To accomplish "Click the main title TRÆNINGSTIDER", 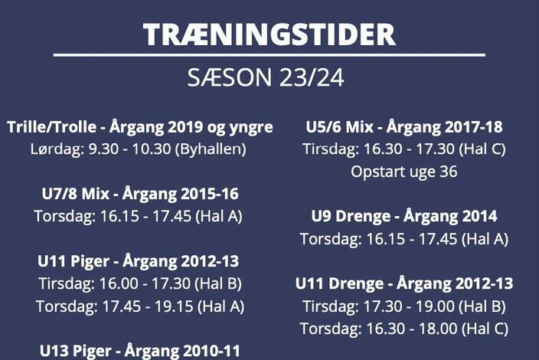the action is coord(269,34).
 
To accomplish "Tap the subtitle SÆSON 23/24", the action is coord(266,77).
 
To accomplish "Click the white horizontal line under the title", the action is coord(269,54).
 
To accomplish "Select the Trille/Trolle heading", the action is coord(140,127).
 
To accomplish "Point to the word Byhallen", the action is coord(211,149).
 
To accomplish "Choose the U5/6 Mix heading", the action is coord(404,127).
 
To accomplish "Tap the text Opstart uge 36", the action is coord(404,172).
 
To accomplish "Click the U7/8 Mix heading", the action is coord(140,194).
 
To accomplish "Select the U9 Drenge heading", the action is coord(404,217).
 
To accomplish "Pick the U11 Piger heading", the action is coord(138,261).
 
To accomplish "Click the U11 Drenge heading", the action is coord(404,284).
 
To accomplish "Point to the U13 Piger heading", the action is coord(139,351).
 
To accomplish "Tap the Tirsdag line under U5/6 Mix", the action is coord(404,149).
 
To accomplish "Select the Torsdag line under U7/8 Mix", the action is coord(138,217).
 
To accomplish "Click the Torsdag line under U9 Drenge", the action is coord(404,239).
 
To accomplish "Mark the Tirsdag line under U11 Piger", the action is coord(140,284).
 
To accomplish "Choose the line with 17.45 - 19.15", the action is coord(140,306).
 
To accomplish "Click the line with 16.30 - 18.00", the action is coord(404,329).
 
